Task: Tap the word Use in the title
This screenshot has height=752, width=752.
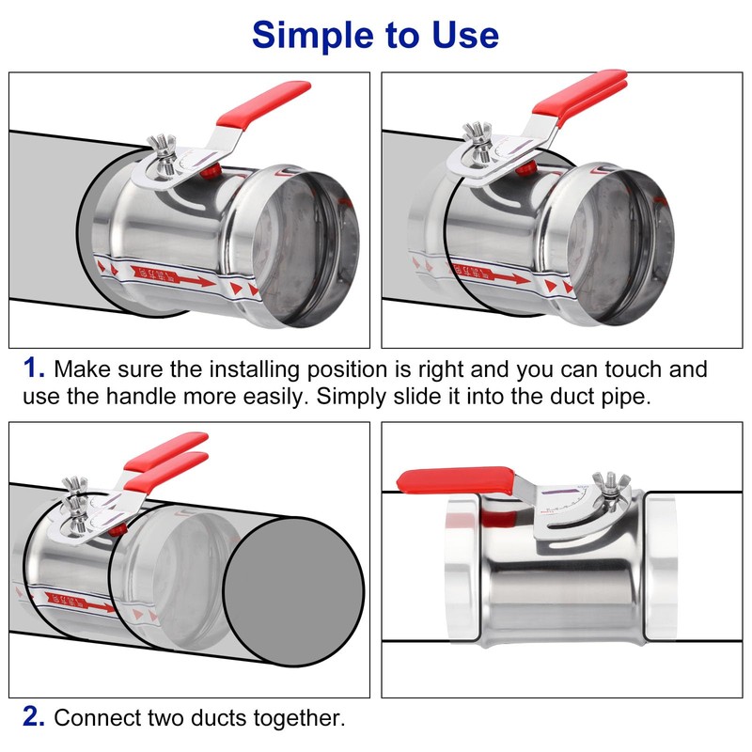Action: pos(462,35)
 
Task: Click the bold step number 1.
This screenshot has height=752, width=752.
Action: pos(33,368)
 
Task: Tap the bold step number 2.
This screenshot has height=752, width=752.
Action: pos(33,717)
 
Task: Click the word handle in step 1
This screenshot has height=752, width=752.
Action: pos(120,395)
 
